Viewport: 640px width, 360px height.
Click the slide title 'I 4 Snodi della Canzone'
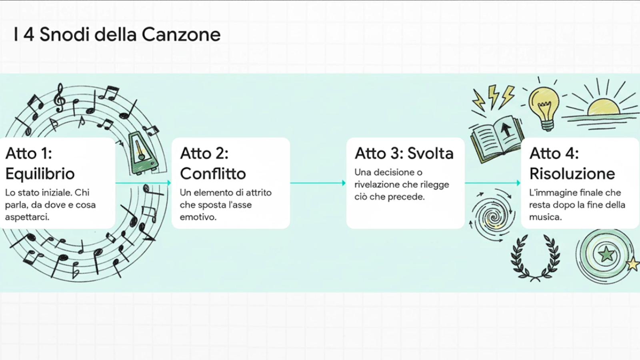[x=117, y=34]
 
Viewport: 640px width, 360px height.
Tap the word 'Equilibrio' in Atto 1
[x=40, y=174]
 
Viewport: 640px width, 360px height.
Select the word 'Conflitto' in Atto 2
[x=213, y=174]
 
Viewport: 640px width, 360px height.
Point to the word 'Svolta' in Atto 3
[x=430, y=153]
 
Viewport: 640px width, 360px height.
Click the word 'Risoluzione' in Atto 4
[x=572, y=174]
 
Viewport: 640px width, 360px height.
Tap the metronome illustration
[x=142, y=154]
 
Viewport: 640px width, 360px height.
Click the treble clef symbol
[x=60, y=98]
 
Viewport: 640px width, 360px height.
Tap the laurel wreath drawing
[x=535, y=258]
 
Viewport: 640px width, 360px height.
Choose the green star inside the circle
[x=607, y=254]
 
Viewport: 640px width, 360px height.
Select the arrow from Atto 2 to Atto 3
[x=318, y=183]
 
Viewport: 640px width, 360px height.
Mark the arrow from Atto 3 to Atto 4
[x=493, y=183]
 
